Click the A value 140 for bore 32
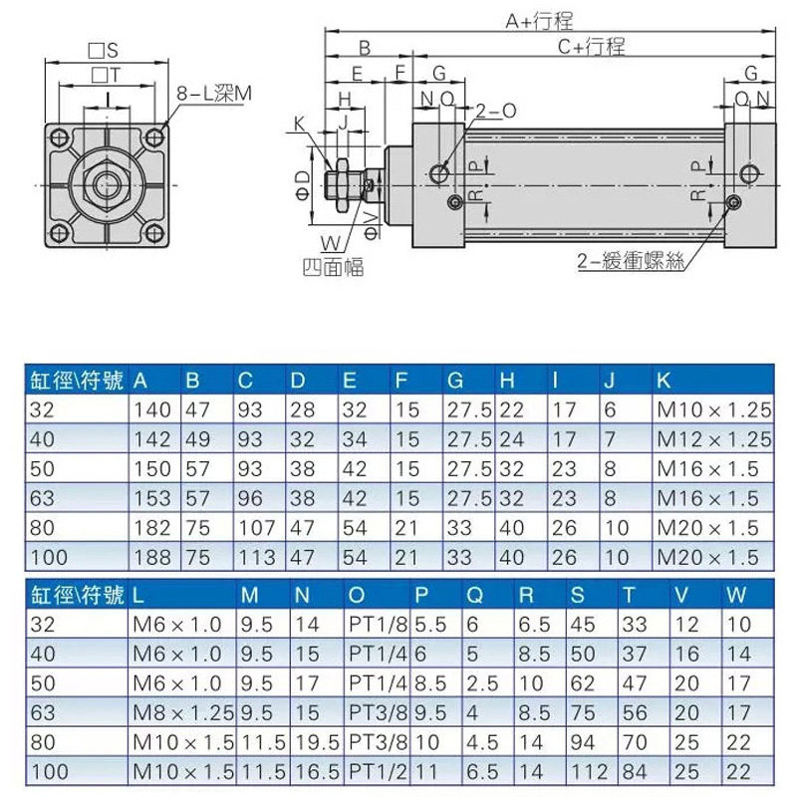[152, 409]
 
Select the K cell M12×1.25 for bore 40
[713, 439]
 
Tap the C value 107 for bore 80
[256, 528]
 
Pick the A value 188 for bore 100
[152, 558]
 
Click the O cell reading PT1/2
[379, 772]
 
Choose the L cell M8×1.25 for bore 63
[183, 713]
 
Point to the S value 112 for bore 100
[590, 772]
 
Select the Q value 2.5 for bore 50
[482, 683]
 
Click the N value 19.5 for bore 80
[317, 742]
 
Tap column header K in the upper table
[664, 381]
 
